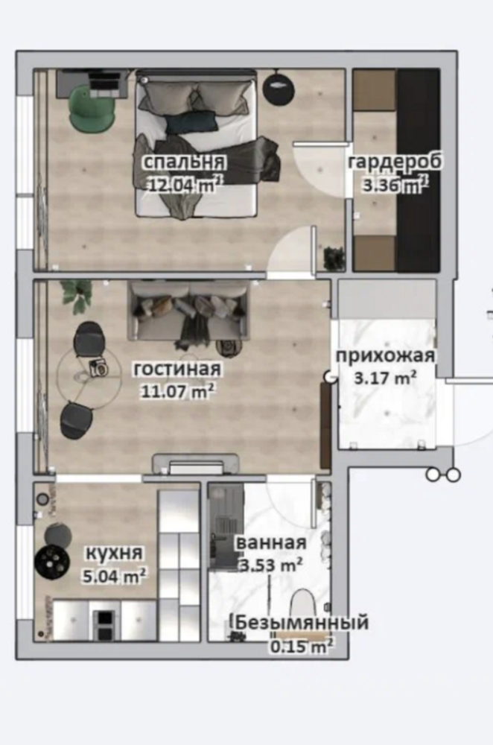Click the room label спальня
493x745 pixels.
[x=184, y=162]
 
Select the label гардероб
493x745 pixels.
[x=395, y=162]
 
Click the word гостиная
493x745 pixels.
[x=177, y=370]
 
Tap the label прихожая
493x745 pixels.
[x=386, y=356]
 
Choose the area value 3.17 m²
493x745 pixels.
[x=387, y=378]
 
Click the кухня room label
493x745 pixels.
[x=113, y=553]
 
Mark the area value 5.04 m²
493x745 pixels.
[x=114, y=576]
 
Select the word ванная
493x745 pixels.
[x=271, y=542]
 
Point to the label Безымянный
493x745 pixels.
[x=302, y=622]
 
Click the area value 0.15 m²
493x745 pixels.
[x=302, y=646]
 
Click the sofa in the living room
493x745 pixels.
[x=188, y=311]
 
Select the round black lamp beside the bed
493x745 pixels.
[x=279, y=87]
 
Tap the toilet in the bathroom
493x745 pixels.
[x=302, y=606]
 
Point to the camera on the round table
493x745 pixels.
[x=99, y=368]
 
